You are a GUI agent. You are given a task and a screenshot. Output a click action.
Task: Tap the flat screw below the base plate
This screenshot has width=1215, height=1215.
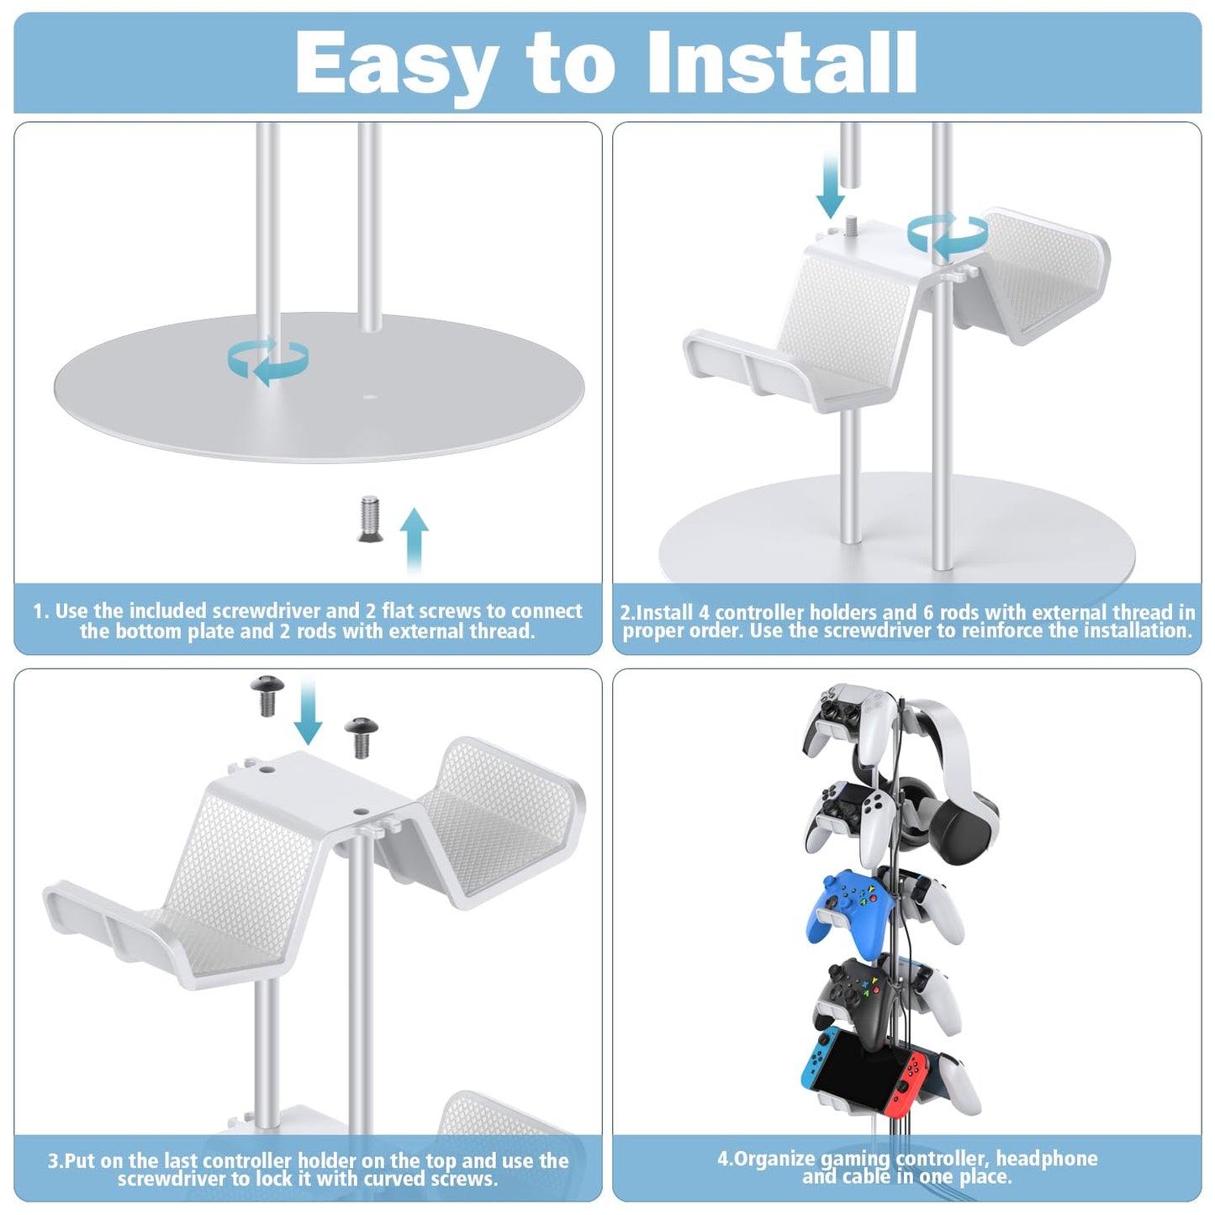click(370, 518)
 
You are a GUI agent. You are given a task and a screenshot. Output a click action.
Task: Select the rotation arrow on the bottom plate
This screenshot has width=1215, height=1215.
click(268, 362)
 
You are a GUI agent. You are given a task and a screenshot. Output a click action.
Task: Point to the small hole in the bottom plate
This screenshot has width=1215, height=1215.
click(370, 397)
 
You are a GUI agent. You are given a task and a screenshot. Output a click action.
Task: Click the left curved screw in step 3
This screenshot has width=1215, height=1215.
click(267, 695)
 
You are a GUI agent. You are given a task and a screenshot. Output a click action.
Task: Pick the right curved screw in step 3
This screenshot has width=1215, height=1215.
click(362, 737)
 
